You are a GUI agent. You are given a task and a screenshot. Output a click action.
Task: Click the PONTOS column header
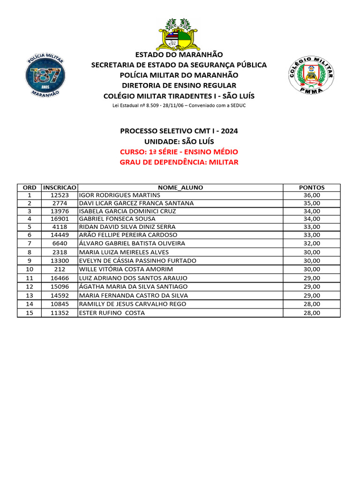(x=312, y=187)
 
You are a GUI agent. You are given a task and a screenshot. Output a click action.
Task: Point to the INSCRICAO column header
(x=60, y=187)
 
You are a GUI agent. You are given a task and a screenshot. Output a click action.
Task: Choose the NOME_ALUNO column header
(x=180, y=187)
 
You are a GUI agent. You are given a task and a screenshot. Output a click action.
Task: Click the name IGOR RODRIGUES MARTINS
(x=120, y=195)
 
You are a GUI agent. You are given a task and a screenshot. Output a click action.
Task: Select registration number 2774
(x=60, y=203)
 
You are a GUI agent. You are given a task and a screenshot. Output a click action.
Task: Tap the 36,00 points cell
(x=312, y=195)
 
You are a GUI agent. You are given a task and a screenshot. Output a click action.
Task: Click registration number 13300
(x=60, y=261)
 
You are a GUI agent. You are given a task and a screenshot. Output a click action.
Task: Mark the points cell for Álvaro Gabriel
(x=312, y=243)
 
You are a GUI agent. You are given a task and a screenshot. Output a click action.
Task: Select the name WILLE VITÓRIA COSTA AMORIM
(x=126, y=269)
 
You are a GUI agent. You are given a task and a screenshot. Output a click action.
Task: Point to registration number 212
(x=60, y=269)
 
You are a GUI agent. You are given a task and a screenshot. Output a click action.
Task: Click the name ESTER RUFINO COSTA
(x=112, y=313)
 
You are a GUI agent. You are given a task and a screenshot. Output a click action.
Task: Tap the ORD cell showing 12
(x=30, y=286)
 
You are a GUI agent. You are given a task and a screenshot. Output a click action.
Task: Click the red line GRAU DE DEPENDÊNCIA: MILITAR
(x=179, y=162)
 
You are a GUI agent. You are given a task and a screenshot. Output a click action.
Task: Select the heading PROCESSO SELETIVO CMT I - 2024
(x=179, y=131)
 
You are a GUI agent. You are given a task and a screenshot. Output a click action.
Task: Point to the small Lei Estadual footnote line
(x=179, y=105)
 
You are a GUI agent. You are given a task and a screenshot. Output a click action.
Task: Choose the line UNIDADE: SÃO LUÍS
(x=179, y=141)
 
